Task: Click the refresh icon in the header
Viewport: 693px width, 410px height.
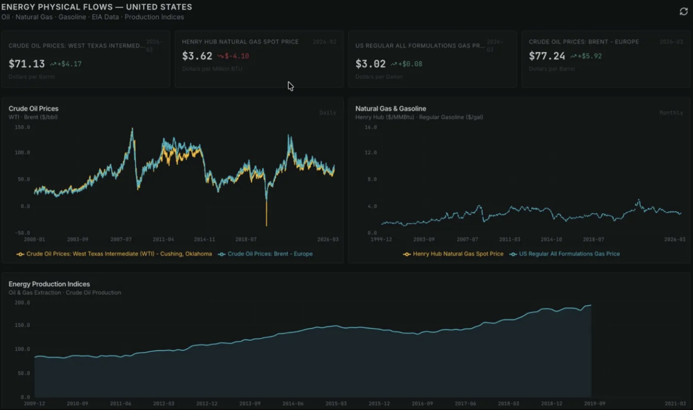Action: pos(683,11)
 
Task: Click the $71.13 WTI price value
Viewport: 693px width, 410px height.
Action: pos(27,64)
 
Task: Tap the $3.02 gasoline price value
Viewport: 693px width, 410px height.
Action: pos(370,64)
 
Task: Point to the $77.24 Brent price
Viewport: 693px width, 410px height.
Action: pos(547,56)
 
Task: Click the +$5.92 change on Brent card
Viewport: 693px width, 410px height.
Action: pos(589,56)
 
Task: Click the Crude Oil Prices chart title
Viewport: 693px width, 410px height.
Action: pos(34,108)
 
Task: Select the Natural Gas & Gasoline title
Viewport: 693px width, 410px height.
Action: pos(390,108)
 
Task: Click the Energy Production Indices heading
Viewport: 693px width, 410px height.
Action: pos(49,284)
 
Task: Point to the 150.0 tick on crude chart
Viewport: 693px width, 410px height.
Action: pos(22,127)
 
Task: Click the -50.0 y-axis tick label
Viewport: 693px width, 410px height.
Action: pos(22,233)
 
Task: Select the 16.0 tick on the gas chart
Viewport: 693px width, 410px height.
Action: pos(370,127)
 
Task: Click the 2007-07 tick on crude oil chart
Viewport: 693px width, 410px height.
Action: pos(121,240)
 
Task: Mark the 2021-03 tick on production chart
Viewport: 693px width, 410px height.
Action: pos(675,404)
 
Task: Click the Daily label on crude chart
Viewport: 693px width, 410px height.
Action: pos(327,113)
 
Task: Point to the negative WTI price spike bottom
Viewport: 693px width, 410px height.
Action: pos(266,225)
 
